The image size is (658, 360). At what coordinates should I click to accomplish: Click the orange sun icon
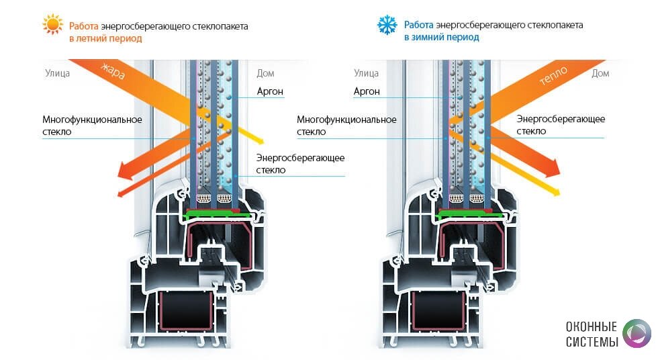coord(52,26)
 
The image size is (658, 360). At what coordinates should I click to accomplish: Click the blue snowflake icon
coord(387,26)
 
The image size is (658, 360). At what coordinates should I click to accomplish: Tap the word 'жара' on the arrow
coord(113,71)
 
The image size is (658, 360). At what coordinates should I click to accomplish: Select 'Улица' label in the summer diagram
coord(57,73)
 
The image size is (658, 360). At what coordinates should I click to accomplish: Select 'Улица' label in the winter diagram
coord(366,73)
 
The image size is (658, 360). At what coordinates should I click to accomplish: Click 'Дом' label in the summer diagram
coord(265,73)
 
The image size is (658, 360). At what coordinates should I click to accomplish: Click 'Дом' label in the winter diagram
coord(600,73)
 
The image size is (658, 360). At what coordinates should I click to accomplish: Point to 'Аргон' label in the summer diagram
coord(270,91)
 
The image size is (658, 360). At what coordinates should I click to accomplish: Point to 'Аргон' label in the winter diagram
coord(367,91)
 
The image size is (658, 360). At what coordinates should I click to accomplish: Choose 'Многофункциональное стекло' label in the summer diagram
coord(92,126)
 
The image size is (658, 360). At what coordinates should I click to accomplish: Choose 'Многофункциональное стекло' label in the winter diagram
coord(346,126)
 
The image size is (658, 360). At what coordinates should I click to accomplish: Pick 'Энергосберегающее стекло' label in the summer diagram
coord(300,164)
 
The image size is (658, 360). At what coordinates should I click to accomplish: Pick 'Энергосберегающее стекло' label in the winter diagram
coord(561,125)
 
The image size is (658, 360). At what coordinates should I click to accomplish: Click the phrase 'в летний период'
coord(105,38)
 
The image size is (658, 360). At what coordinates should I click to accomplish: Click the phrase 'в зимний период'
coord(441,38)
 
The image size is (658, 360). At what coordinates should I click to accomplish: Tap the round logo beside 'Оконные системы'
coord(636,334)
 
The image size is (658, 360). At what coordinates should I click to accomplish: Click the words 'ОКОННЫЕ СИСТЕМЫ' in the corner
coord(592,334)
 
